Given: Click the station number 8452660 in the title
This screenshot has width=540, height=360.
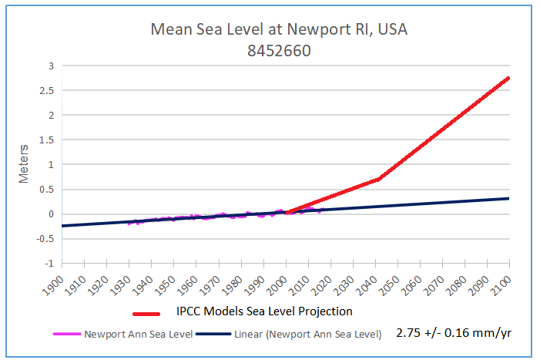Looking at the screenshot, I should [x=278, y=50].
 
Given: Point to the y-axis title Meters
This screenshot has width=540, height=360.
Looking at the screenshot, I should [x=24, y=163].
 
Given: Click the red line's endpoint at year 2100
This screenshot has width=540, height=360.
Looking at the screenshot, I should [x=508, y=78].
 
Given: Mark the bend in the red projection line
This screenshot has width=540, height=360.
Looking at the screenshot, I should [x=379, y=179].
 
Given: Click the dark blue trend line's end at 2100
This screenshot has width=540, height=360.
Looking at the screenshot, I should [x=508, y=198].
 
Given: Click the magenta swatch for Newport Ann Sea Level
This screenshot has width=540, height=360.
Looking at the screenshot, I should [x=65, y=335].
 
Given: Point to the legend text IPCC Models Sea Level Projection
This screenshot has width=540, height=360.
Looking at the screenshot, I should [x=264, y=311].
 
